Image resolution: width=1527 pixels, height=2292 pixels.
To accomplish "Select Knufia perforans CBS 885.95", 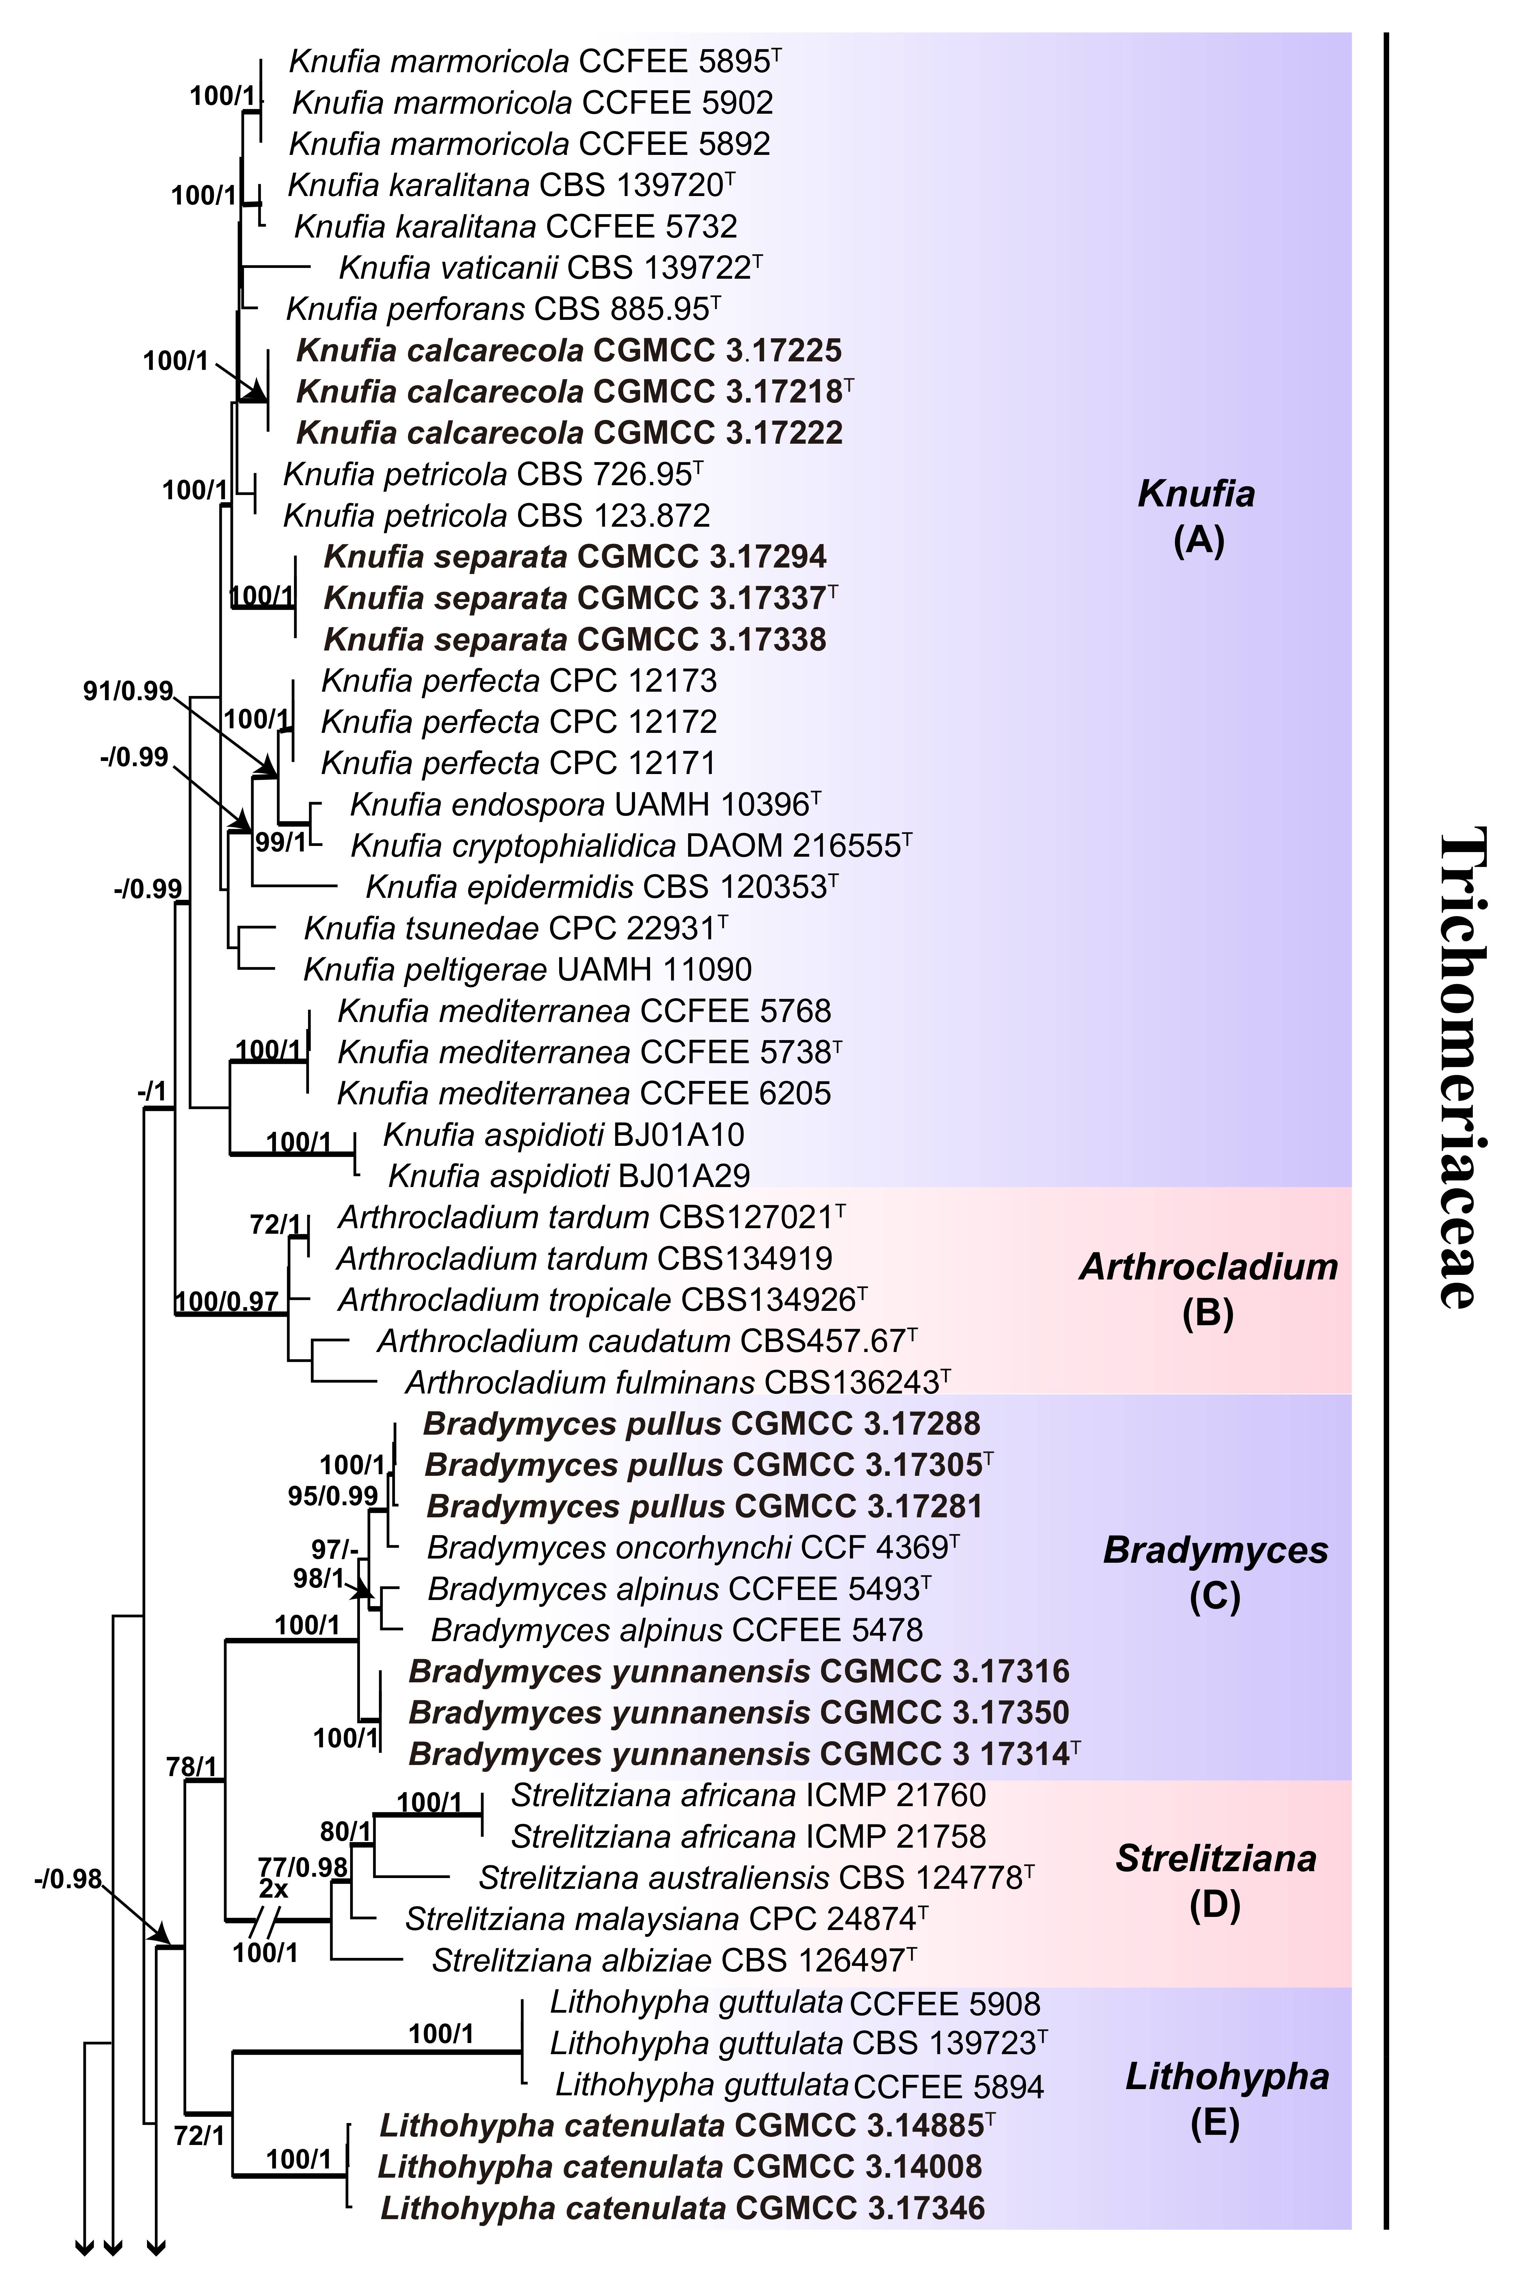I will [502, 309].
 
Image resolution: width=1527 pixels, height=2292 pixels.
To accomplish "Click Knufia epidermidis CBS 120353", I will [601, 886].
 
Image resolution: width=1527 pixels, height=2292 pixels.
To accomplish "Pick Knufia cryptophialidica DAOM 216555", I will [630, 845].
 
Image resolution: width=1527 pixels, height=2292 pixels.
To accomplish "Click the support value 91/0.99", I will [128, 692].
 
